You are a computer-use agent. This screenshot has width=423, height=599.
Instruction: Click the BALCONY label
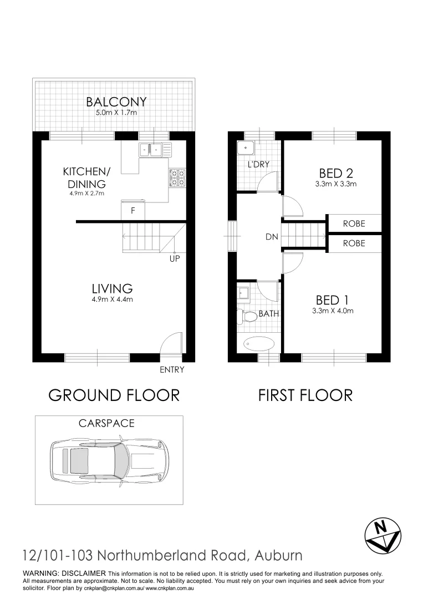116,101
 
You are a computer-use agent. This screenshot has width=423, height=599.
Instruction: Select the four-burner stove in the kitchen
177,177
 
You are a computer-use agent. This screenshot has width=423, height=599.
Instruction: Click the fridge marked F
132,211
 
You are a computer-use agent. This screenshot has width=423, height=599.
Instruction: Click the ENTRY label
171,370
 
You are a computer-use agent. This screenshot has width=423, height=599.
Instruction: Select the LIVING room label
112,288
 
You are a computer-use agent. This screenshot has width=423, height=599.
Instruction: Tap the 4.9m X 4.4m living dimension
112,300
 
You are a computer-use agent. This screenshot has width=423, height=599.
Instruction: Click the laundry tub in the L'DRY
244,149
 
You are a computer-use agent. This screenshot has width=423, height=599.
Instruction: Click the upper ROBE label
354,224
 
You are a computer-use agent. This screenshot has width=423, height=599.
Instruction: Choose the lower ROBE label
354,243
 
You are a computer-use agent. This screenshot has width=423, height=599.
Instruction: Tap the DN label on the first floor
272,237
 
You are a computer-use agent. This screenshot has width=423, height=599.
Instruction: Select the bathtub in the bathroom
259,344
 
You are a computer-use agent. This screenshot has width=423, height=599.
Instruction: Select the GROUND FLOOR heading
114,395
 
